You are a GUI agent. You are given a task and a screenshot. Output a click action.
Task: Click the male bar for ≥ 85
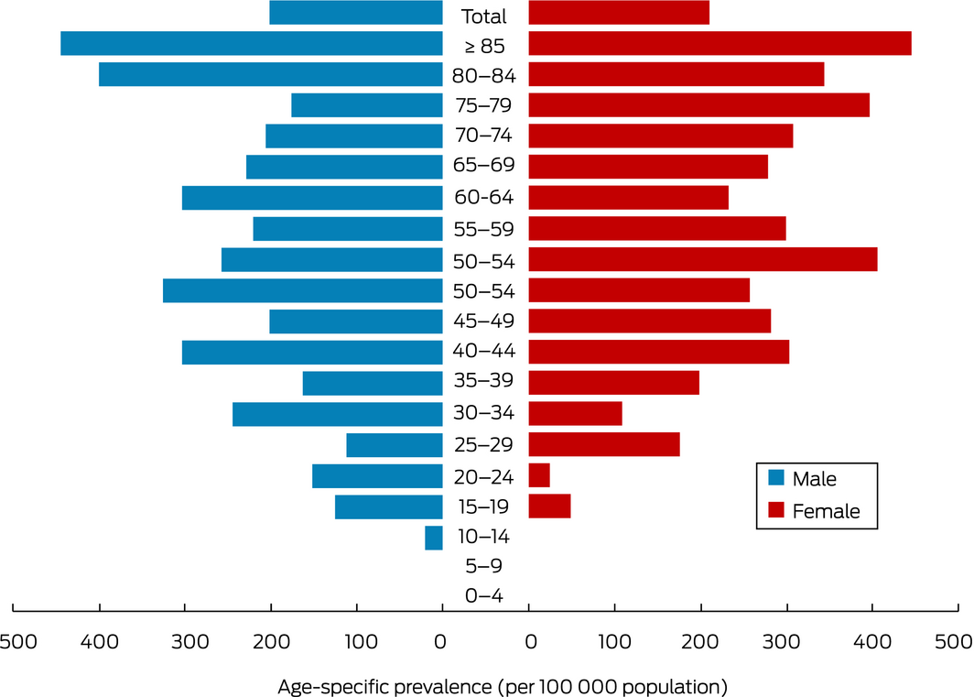pos(252,43)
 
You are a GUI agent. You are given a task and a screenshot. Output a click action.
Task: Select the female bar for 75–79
pos(698,105)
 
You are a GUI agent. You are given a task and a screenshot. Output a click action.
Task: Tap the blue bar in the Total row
pos(356,13)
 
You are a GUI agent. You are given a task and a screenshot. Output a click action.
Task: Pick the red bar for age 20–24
pos(539,475)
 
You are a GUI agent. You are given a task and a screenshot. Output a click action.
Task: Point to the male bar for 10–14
pos(434,538)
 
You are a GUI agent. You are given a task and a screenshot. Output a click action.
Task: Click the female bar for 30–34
pos(575,413)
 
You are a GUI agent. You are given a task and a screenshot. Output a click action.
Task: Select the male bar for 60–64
pos(312,197)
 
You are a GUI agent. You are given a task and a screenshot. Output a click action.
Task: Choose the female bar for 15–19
pos(549,506)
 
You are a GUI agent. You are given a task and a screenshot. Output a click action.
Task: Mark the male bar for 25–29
pos(395,445)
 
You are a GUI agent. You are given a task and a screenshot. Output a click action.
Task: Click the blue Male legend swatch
pos(775,477)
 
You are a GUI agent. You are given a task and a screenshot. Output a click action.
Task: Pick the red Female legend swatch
pos(775,509)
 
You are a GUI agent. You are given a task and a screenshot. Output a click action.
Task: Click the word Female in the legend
pos(827,511)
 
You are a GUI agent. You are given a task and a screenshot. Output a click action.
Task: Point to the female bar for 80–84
pos(676,74)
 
